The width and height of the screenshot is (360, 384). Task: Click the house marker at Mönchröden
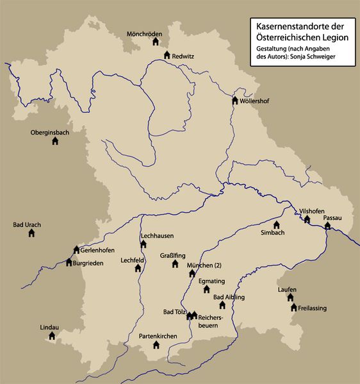(x=155, y=42)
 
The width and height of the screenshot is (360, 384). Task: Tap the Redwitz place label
(x=183, y=56)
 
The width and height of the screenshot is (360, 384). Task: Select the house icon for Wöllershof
(x=235, y=101)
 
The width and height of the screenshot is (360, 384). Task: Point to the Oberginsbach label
(x=49, y=133)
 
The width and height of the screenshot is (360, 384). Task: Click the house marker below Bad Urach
(x=31, y=233)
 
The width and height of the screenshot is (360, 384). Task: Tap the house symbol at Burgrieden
(x=69, y=262)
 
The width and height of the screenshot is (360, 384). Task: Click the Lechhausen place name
(x=157, y=236)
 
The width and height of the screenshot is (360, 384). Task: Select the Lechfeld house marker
(x=138, y=269)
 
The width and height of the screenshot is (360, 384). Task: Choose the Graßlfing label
(x=173, y=255)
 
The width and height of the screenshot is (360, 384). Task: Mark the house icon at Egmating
(x=206, y=289)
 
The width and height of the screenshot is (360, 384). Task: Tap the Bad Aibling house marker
(x=222, y=306)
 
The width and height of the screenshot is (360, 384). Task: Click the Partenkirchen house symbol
(x=156, y=345)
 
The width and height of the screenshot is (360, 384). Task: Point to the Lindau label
(x=49, y=327)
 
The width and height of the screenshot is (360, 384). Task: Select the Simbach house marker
(x=277, y=225)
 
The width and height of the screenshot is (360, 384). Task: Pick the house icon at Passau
(x=327, y=226)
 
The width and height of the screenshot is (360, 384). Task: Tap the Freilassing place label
(x=312, y=308)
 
